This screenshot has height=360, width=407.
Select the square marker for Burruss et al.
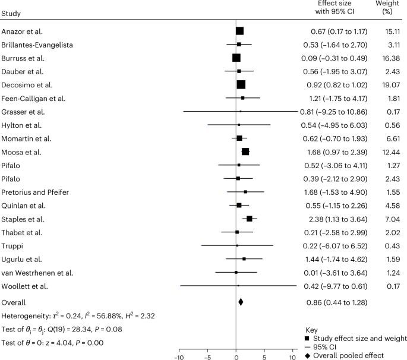pyautogui.click(x=236, y=58)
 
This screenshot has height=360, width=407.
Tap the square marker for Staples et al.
pyautogui.click(x=250, y=219)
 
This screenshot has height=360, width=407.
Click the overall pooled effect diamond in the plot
pyautogui.click(x=241, y=302)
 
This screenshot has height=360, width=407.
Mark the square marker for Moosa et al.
pyautogui.click(x=245, y=151)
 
